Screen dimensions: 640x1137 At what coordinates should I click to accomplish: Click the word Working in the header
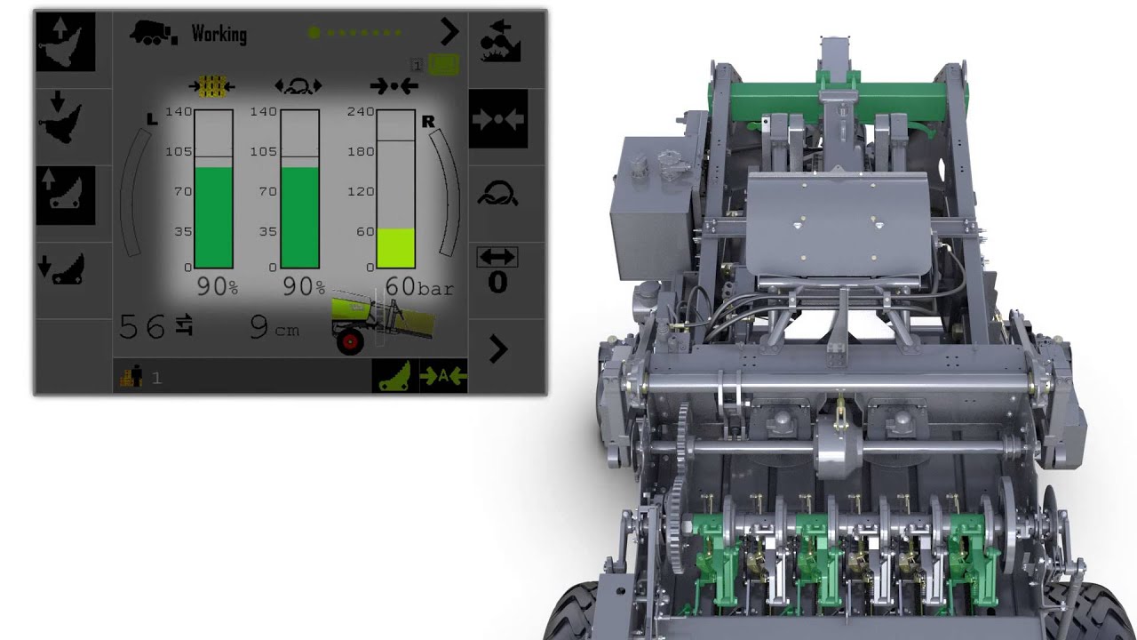(219, 34)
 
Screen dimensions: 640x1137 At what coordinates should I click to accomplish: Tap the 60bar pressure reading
(419, 287)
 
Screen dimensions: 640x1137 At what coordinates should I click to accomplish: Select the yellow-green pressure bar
(395, 249)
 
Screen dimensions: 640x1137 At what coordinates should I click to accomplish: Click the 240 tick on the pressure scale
(360, 112)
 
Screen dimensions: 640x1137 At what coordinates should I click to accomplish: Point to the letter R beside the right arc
(428, 122)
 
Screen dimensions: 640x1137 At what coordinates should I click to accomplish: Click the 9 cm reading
(274, 328)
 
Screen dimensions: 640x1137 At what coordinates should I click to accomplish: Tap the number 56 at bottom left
(142, 327)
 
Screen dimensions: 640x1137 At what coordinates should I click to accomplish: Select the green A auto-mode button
(443, 376)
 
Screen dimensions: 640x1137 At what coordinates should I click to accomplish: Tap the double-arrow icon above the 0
(497, 257)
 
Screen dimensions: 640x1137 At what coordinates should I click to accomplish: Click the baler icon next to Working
(154, 33)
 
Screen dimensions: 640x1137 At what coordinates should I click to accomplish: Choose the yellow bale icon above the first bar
(211, 86)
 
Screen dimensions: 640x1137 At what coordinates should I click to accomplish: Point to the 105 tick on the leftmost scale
(179, 152)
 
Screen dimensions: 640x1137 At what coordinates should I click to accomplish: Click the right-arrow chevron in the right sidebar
(498, 350)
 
